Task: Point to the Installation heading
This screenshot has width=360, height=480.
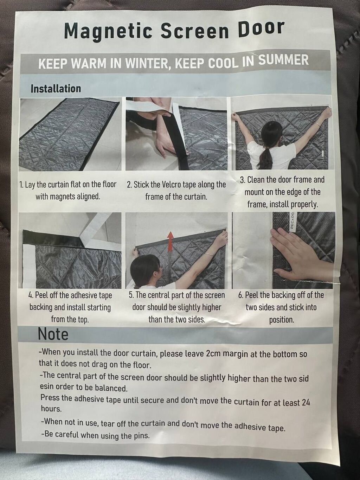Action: point(56,89)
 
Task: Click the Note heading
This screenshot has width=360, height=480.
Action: point(53,334)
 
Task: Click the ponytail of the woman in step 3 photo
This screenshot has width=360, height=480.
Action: point(265,159)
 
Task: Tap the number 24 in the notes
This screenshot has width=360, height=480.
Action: point(306,402)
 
